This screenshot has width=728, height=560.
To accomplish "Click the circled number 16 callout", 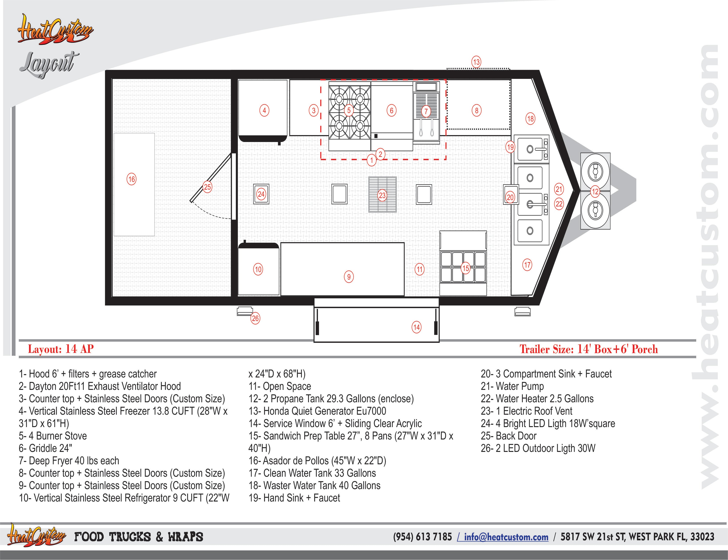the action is click(x=132, y=179).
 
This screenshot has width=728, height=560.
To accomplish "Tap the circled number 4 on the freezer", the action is click(x=264, y=111).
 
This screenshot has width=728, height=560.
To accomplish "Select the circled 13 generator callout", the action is click(x=476, y=62).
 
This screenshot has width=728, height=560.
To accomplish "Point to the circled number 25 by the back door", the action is click(x=207, y=187).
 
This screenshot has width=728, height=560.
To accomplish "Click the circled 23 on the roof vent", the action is click(x=382, y=195).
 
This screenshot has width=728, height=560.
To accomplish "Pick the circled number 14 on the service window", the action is click(x=417, y=327).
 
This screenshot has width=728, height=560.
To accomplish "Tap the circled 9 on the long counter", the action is click(x=349, y=277).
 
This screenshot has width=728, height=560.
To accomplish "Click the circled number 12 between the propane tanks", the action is click(x=595, y=191).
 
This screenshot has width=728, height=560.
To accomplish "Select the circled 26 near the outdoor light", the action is click(x=255, y=318).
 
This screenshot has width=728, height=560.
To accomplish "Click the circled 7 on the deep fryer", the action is click(x=426, y=111).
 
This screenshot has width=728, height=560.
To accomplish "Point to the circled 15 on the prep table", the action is click(x=465, y=268).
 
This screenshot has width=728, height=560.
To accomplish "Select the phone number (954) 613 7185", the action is click(x=422, y=537).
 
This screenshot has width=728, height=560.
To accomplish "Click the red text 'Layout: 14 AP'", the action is click(x=61, y=349).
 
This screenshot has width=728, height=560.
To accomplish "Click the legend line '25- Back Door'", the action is click(x=508, y=436).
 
